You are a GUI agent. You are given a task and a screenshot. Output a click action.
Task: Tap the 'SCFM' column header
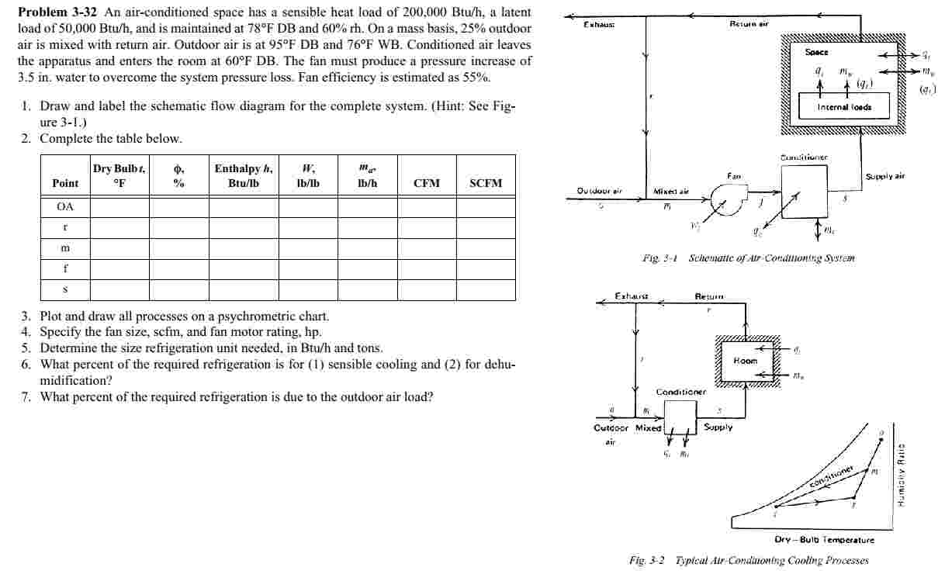tap(486, 183)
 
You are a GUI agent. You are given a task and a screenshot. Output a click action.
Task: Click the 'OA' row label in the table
tap(65, 206)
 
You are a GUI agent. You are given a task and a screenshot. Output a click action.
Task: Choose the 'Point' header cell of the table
tap(65, 183)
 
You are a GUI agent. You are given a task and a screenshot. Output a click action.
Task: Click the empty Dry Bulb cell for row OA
tap(119, 206)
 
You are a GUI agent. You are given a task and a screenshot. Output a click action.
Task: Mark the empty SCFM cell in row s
tap(486, 289)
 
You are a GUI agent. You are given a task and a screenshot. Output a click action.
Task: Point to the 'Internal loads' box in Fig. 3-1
tap(844, 107)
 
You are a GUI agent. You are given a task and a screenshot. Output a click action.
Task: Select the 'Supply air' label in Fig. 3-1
tap(884, 177)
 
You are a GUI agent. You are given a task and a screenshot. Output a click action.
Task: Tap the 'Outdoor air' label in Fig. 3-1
tap(600, 190)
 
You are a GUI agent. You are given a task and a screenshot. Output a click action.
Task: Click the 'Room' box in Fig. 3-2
tap(746, 361)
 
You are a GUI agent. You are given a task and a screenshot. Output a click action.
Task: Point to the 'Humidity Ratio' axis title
tap(903, 474)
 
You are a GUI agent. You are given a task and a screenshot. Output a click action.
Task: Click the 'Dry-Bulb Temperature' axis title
tap(824, 540)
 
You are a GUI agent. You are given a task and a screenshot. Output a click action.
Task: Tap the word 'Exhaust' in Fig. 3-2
tap(631, 296)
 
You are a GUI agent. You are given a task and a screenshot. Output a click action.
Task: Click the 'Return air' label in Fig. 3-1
tap(749, 24)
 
